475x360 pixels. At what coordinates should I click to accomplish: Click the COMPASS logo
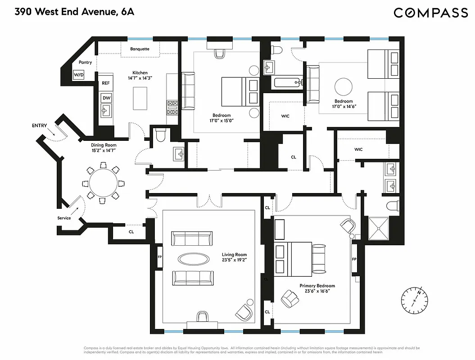[x=430, y=13]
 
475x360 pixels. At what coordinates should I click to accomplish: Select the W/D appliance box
[x=79, y=74]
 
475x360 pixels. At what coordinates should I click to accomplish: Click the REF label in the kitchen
[x=106, y=83]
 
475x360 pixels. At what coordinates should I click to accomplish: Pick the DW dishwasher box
[x=106, y=98]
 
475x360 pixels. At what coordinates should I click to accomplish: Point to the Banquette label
[x=140, y=49]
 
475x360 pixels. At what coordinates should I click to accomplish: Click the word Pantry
[x=85, y=63]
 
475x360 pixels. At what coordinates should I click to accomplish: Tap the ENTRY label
[x=39, y=126]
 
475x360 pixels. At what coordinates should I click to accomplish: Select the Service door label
[x=64, y=218]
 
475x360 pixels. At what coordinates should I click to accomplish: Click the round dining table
[x=103, y=183]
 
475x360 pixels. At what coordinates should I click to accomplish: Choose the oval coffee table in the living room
[x=193, y=259]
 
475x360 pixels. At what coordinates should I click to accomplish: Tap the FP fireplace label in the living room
[x=159, y=257]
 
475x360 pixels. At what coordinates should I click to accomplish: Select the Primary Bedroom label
[x=317, y=286]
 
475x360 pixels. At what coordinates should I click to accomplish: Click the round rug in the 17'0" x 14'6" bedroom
[x=344, y=87]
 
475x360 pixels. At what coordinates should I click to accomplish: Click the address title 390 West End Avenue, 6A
[x=74, y=12]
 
